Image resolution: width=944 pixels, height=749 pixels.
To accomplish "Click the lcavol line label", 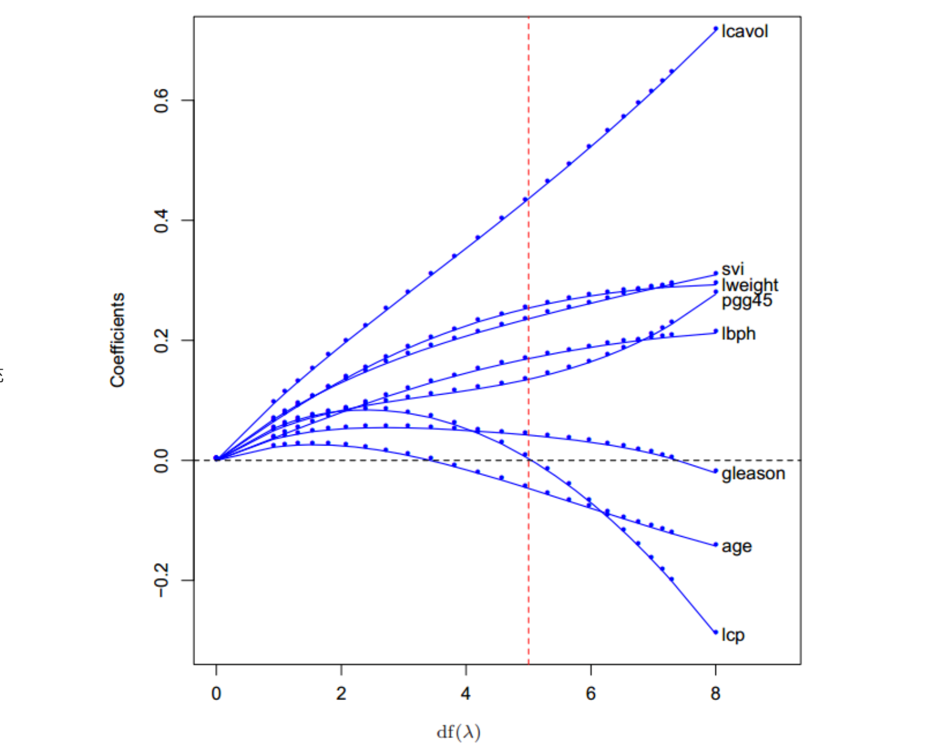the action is (745, 31).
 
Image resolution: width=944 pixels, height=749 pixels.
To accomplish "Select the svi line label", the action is (732, 269).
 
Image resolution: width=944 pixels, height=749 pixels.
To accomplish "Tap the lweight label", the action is (750, 286).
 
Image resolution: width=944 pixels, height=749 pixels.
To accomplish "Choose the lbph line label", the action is (739, 334).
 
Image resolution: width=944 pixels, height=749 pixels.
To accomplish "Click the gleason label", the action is (753, 474).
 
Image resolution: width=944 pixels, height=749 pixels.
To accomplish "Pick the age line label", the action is (737, 547).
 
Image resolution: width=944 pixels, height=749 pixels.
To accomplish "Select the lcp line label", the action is (733, 636).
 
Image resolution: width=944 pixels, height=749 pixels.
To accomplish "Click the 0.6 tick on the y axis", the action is (161, 100).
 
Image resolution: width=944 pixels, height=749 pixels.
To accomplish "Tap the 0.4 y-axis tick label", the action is (161, 220).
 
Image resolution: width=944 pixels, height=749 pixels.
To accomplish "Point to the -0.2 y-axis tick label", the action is (161, 580).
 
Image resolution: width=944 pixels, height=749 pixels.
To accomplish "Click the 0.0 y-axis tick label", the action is (161, 460).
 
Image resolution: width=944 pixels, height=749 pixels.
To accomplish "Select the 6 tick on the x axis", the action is (591, 694).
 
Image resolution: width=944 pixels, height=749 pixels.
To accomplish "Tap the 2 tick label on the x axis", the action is (341, 694).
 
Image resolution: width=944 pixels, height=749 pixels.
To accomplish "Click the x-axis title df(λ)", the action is (459, 732).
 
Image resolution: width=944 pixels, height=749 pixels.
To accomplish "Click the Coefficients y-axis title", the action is (117, 340).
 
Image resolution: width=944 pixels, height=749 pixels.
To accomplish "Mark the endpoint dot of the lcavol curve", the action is (715, 29).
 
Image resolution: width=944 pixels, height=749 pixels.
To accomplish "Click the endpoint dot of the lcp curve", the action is (715, 633).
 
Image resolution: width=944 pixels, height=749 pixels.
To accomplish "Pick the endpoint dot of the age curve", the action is (715, 545).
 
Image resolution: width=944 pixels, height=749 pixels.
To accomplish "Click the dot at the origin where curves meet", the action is (216, 458).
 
